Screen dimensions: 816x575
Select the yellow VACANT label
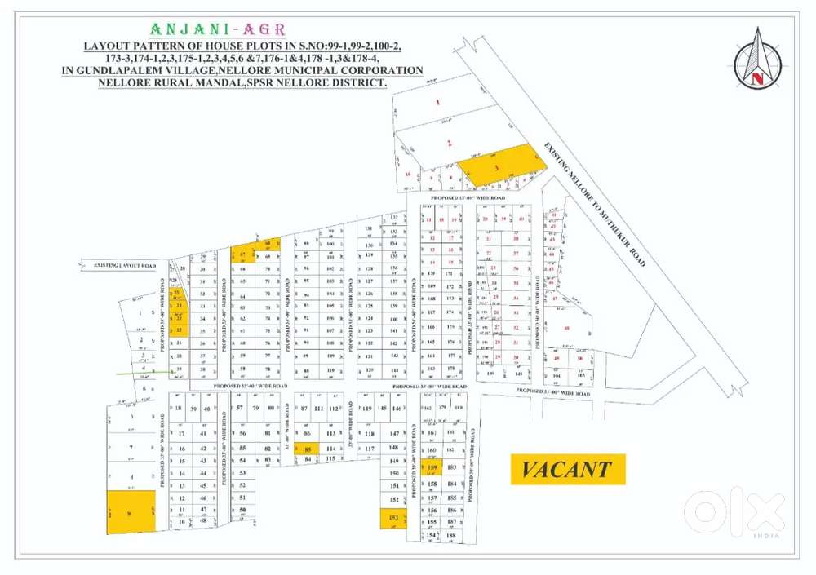click(568, 469)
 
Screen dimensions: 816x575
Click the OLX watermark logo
click(734, 512)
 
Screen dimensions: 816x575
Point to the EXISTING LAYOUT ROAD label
click(124, 265)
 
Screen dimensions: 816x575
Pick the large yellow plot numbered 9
click(131, 512)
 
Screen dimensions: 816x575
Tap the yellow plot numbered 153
click(393, 518)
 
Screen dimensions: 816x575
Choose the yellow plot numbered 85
click(307, 449)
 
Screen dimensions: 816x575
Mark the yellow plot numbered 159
click(432, 467)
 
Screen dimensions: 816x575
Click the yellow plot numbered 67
click(243, 255)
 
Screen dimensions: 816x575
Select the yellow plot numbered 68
click(268, 244)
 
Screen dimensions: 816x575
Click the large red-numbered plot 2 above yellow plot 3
click(449, 143)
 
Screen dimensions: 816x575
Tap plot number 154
click(432, 535)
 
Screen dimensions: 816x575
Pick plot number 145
click(381, 408)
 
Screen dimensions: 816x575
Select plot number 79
click(255, 408)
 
